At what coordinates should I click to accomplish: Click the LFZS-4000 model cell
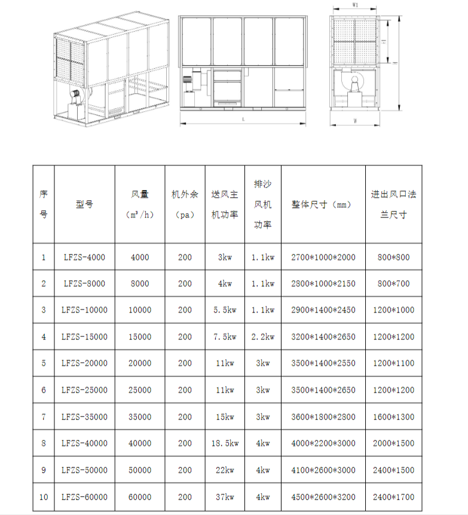click(x=84, y=257)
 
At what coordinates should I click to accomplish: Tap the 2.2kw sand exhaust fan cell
click(x=262, y=337)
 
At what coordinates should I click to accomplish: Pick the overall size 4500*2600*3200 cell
click(x=323, y=496)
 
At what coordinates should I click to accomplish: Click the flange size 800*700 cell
click(x=393, y=284)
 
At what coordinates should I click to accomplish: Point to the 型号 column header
click(x=84, y=204)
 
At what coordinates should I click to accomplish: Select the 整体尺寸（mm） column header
click(x=323, y=204)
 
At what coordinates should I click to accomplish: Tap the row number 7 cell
click(x=43, y=416)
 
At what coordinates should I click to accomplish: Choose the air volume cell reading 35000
click(x=139, y=416)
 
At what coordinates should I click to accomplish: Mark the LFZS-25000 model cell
click(x=84, y=390)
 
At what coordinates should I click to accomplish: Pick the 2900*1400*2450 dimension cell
click(x=323, y=310)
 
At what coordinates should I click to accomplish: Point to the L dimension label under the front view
click(x=243, y=119)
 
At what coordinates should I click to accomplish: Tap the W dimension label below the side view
click(x=355, y=121)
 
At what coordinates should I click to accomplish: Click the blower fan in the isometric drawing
click(x=77, y=96)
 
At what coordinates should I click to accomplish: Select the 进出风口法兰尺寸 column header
click(x=393, y=204)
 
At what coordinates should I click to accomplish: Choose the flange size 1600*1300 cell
click(x=393, y=416)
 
